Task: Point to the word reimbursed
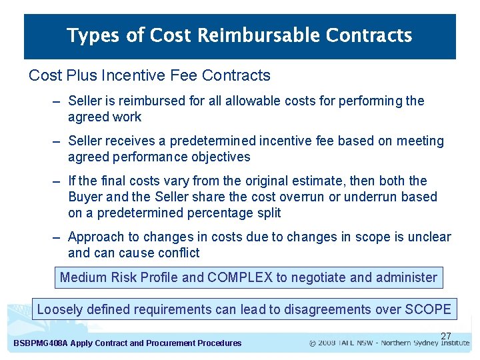point(142,101)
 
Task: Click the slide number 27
point(446,335)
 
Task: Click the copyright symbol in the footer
point(313,343)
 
